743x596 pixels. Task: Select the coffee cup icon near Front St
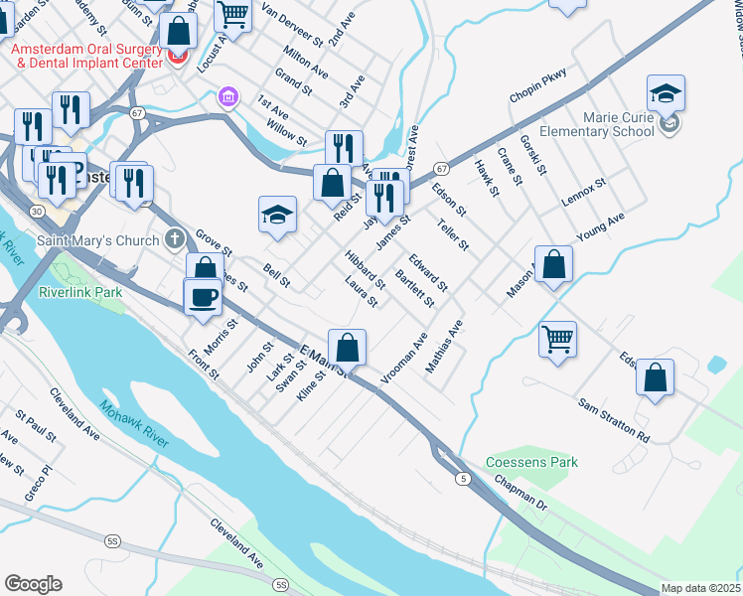point(204,296)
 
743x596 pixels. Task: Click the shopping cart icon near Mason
point(557,339)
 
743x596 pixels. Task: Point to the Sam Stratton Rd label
point(614,422)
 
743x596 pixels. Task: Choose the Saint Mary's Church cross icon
point(175,239)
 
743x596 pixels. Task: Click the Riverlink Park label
point(79,293)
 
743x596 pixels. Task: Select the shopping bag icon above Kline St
point(348,348)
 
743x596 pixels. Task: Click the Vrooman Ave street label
point(404,359)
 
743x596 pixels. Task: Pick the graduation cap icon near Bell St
point(278,215)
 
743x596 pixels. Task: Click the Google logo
point(33,584)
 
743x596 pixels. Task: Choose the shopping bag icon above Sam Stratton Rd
point(655,377)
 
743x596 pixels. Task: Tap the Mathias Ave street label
point(444,347)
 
